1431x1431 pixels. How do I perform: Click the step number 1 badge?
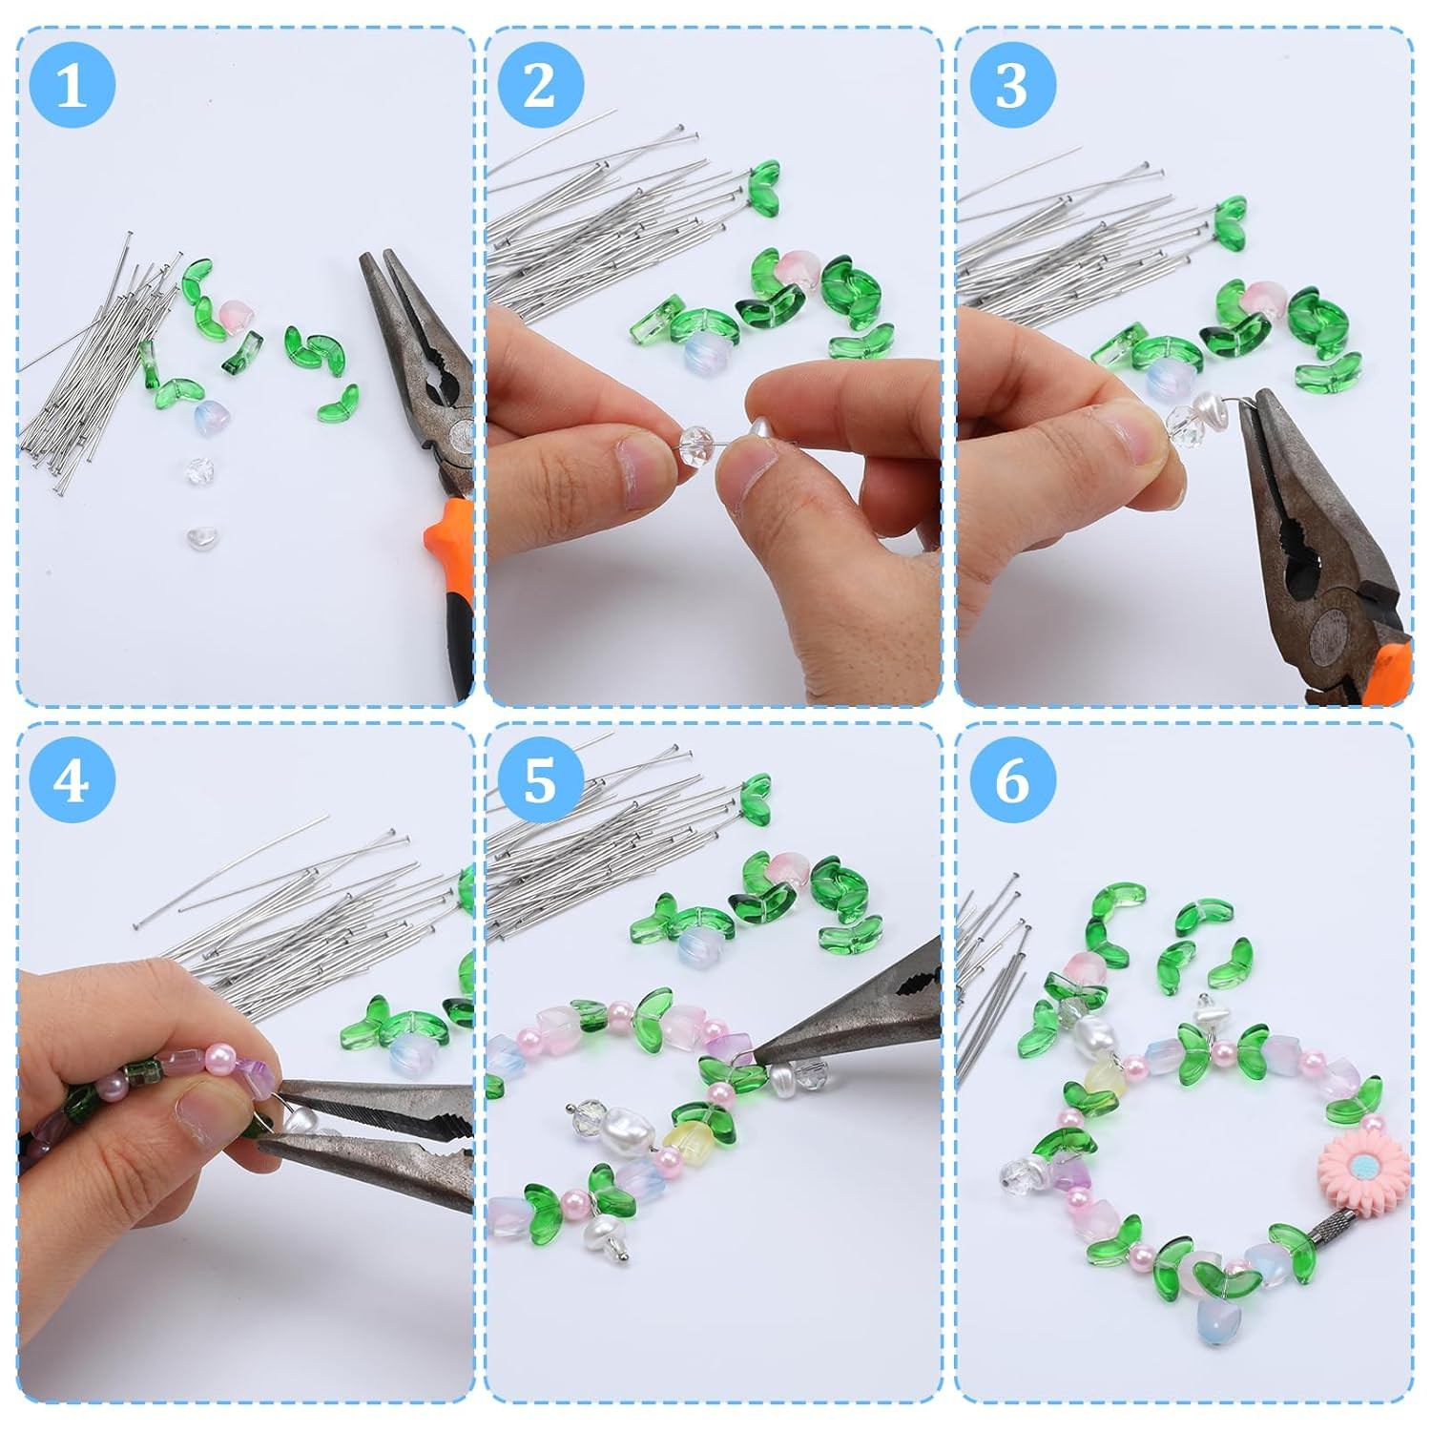click(72, 85)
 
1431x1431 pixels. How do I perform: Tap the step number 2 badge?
click(540, 85)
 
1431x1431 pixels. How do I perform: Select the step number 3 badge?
click(1012, 85)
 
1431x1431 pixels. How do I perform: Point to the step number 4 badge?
click(72, 779)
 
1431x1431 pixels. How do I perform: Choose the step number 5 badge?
click(540, 779)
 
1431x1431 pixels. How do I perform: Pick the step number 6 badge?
click(1012, 779)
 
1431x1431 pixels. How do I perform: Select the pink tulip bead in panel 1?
click(235, 313)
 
